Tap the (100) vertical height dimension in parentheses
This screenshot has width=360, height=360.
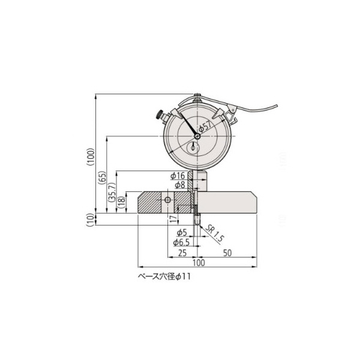pos(91,157)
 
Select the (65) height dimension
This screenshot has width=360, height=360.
pos(103,177)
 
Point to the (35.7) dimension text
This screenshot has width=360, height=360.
pos(112,193)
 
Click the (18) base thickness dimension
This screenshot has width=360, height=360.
pos(121,202)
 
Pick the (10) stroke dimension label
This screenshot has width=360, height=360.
pos(91,220)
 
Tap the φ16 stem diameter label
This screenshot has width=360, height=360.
pos(178,176)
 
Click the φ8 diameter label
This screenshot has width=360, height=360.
pos(180,185)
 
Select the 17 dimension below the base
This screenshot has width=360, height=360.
pos(174,219)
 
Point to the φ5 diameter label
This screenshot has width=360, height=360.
pos(182,233)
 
